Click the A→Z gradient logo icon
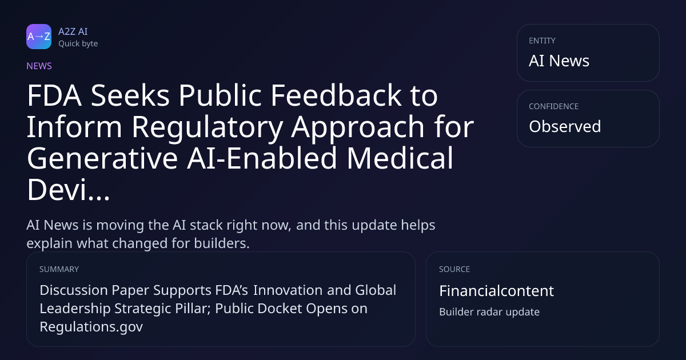pos(39,37)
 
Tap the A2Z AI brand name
pos(73,31)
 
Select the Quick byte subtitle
pos(78,43)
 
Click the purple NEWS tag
pos(39,66)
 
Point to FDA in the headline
pos(54,95)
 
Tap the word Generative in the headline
pos(102,158)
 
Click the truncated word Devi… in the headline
pos(68,189)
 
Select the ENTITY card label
pos(542,41)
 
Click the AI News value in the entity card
pos(559,61)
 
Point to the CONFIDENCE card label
pos(554,106)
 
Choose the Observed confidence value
pos(565,126)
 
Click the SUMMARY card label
pos(59,269)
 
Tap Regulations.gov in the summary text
pos(91,327)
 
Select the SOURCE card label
pos(454,269)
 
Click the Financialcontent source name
pos(496,290)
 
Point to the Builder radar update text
pos(489,311)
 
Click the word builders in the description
pos(222,243)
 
